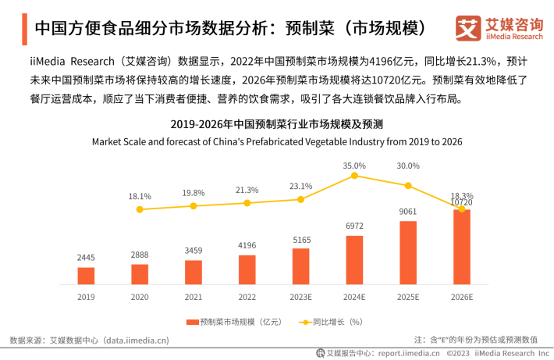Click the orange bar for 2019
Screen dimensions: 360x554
[x=86, y=276]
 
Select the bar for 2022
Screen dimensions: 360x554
[x=247, y=269]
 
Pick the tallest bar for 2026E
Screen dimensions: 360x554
[x=462, y=247]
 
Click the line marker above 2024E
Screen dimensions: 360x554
[x=354, y=176]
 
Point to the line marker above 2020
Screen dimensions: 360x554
[x=140, y=209]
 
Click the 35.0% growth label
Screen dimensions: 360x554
[x=354, y=166]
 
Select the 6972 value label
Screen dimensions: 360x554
[x=354, y=226]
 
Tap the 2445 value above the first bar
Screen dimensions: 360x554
[x=86, y=258]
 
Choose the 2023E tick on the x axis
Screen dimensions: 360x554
[x=300, y=297]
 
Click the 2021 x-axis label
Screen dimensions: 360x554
[x=194, y=297]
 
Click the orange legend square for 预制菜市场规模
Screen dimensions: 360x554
[x=193, y=322]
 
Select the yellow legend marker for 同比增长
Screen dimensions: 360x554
[x=303, y=322]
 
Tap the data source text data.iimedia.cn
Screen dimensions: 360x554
[x=137, y=340]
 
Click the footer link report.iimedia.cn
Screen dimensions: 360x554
[x=403, y=353]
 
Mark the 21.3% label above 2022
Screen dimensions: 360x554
[x=247, y=190]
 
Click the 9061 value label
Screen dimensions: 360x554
[x=408, y=211]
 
